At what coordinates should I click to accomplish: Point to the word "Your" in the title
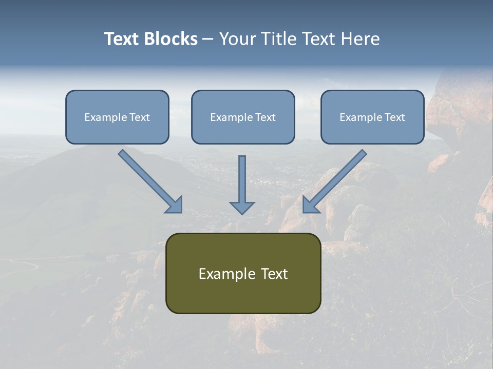click(238, 39)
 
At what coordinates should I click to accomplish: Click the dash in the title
click(208, 39)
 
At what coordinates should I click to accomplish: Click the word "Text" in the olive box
click(274, 274)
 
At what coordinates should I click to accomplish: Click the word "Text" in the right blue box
click(394, 117)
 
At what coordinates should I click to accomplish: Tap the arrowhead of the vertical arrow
click(242, 208)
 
